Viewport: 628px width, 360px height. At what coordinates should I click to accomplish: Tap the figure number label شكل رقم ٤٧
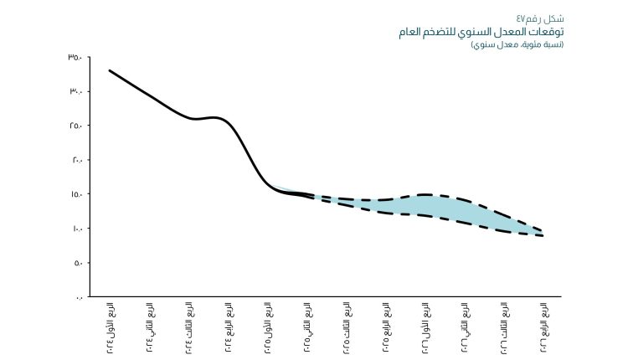click(540, 18)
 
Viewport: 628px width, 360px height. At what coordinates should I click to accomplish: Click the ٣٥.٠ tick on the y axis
click(75, 57)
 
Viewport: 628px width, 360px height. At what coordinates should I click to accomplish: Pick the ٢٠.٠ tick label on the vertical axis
click(75, 160)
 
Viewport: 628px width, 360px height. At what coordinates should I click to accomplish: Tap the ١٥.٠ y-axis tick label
click(75, 194)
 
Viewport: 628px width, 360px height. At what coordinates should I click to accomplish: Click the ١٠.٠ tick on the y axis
click(75, 229)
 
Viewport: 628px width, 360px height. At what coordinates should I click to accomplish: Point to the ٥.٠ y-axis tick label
click(76, 263)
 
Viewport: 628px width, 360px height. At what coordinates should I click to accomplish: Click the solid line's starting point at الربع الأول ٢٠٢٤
click(110, 70)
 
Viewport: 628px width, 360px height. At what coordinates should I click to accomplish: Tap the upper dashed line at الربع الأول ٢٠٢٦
click(425, 194)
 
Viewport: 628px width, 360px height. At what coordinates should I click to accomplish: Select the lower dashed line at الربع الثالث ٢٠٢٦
click(503, 231)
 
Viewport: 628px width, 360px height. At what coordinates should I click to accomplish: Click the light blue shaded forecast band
click(452, 209)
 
